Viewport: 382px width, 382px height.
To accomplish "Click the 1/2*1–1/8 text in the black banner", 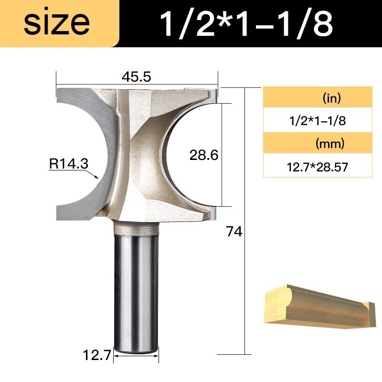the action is pyautogui.click(x=246, y=23).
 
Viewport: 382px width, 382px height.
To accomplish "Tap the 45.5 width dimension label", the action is pyautogui.click(x=137, y=77).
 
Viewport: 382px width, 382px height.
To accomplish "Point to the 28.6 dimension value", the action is pyautogui.click(x=204, y=155).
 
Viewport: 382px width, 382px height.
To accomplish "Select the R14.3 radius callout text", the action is pyautogui.click(x=68, y=163).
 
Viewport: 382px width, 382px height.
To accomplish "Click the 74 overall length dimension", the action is pyautogui.click(x=234, y=232).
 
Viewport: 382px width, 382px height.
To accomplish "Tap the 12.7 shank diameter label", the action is pyautogui.click(x=97, y=355).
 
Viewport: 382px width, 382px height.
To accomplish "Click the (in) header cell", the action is pyautogui.click(x=318, y=97).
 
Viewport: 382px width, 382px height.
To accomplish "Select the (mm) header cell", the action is pyautogui.click(x=318, y=143).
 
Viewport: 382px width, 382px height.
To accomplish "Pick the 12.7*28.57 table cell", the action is pyautogui.click(x=318, y=167).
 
